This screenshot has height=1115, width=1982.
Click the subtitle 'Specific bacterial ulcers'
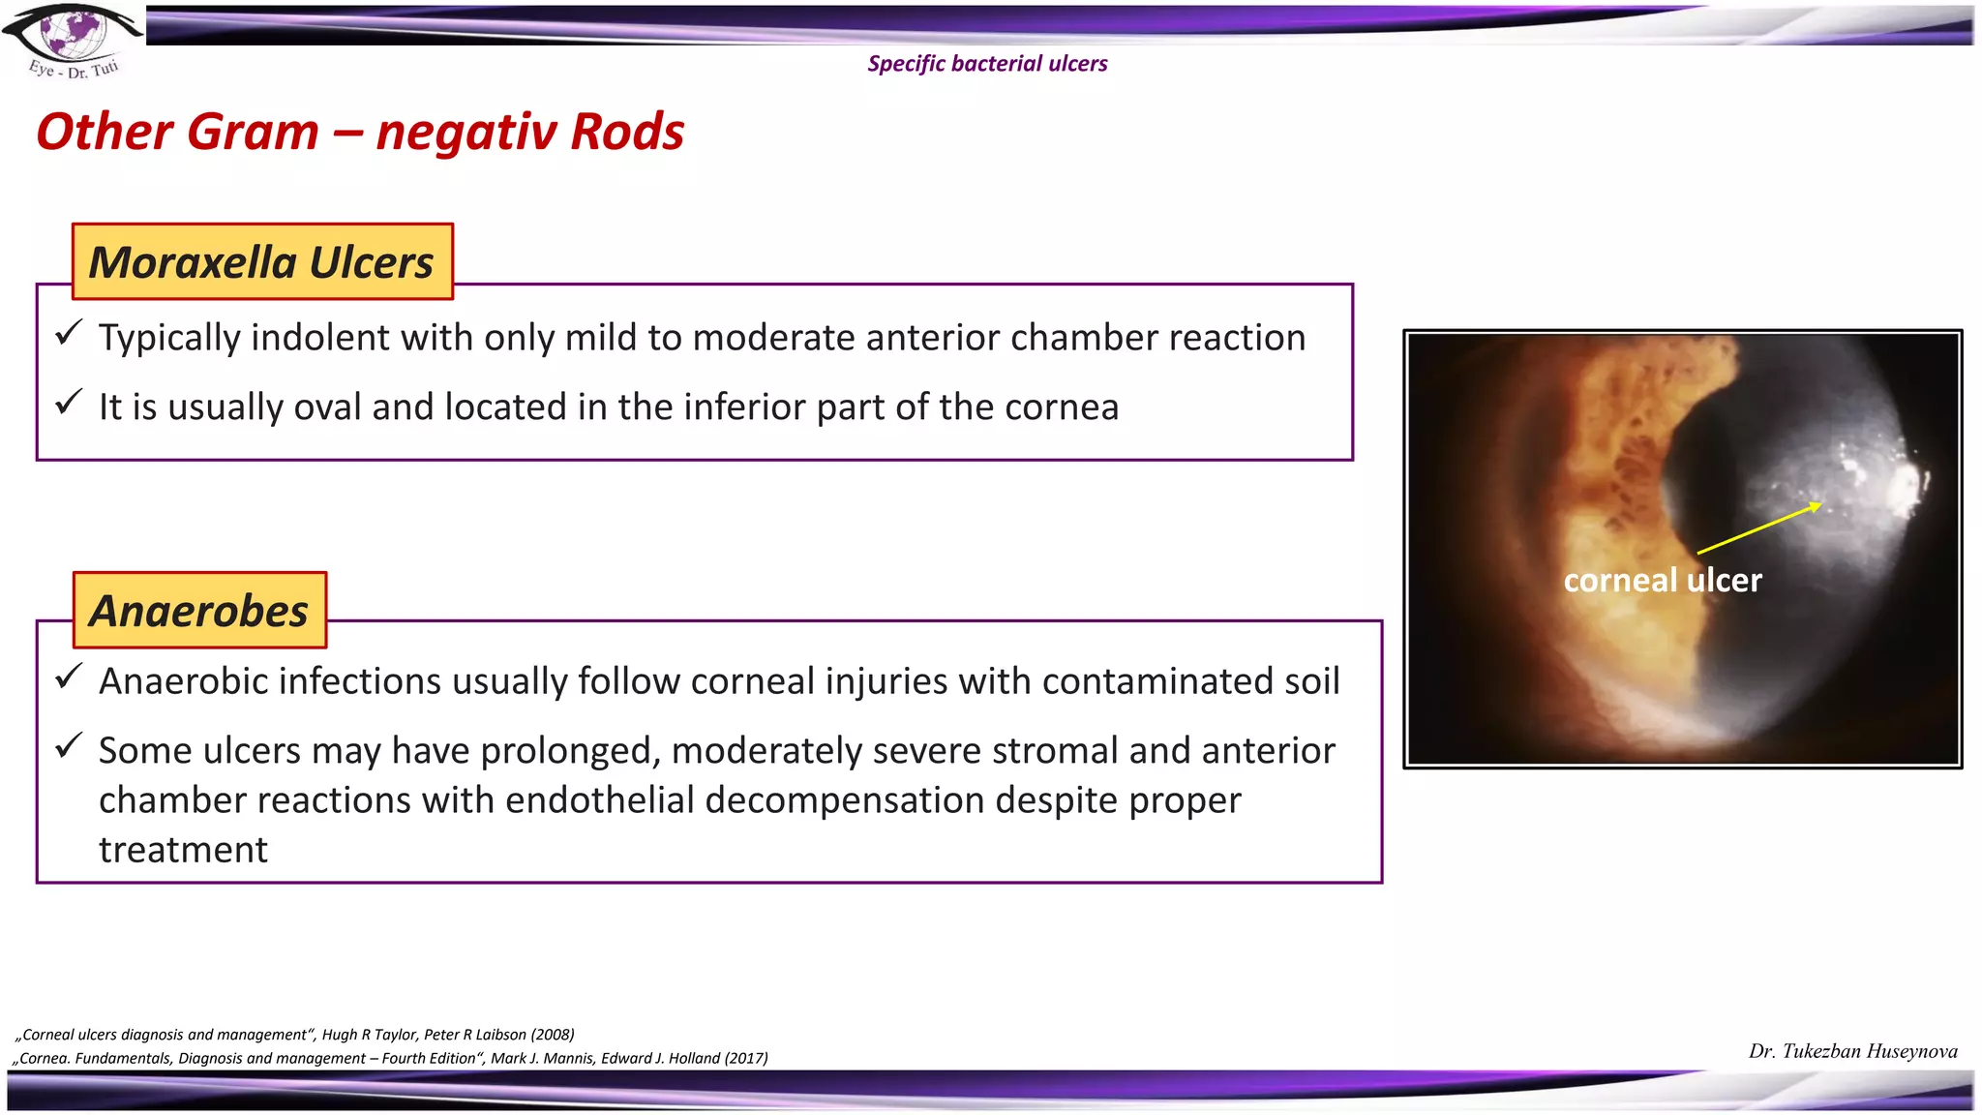point(987,64)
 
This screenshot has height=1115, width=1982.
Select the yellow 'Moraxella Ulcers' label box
point(262,262)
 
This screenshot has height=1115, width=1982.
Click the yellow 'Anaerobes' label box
point(199,611)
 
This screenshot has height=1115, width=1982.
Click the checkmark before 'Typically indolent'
point(69,334)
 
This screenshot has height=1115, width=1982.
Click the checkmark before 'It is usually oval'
point(69,403)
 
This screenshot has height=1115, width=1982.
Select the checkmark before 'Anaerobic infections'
point(69,677)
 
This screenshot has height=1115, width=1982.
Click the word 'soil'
point(1311,681)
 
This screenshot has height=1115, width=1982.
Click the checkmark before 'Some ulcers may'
point(69,746)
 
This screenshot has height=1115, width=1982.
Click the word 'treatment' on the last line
point(183,850)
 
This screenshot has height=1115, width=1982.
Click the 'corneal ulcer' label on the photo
point(1662,581)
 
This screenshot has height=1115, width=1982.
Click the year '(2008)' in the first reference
point(553,1035)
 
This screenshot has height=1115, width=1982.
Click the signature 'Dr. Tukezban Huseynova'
point(1852,1052)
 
